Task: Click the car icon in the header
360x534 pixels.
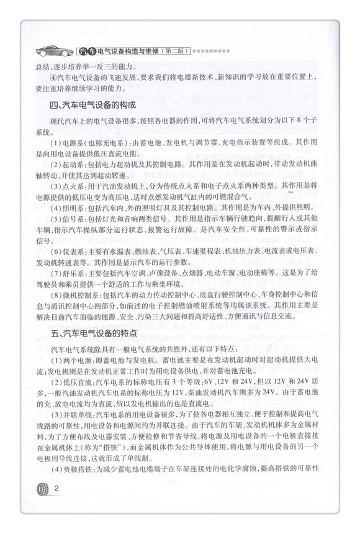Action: point(52,49)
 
